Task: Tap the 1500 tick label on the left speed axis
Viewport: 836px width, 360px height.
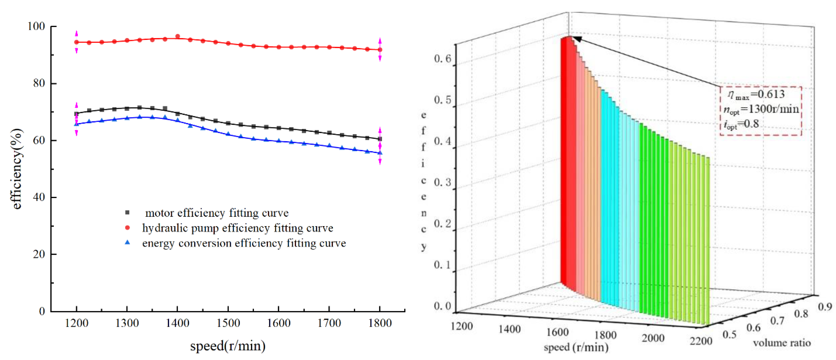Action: [228, 323]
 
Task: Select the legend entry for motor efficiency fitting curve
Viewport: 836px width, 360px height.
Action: [216, 213]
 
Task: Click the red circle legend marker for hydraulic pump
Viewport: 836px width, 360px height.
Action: [127, 228]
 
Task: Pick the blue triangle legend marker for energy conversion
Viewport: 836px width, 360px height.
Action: [127, 242]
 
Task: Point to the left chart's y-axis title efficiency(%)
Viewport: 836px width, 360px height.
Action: [16, 169]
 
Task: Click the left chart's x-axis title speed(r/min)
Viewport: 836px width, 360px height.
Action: [228, 346]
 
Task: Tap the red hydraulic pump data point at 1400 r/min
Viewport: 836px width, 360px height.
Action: [178, 36]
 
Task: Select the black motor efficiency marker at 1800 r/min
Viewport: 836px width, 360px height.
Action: [380, 139]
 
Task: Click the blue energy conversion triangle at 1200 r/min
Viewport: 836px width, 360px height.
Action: [77, 124]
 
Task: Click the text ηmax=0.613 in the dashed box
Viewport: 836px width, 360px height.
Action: [756, 94]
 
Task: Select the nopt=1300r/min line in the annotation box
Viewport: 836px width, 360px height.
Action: [761, 109]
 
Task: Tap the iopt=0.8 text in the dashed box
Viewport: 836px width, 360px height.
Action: [741, 124]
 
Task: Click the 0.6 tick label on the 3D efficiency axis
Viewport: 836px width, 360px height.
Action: [442, 59]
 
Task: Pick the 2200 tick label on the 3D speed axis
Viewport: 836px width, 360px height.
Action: [701, 341]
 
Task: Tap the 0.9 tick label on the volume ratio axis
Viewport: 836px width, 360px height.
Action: [825, 307]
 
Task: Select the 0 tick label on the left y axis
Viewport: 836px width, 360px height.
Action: [42, 311]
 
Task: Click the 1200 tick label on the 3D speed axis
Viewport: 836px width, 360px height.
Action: [461, 326]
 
